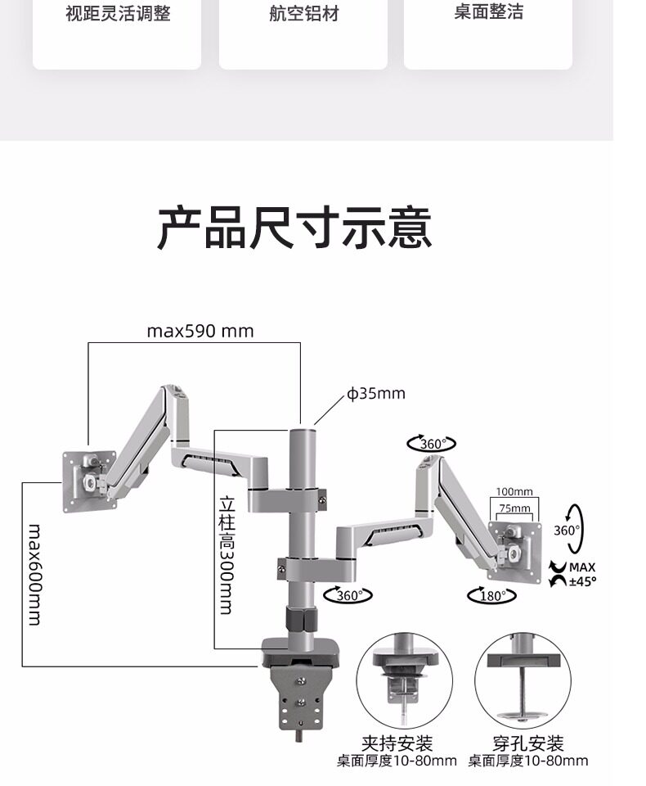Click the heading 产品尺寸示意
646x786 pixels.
[x=294, y=228]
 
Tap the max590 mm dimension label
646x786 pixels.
[x=200, y=331]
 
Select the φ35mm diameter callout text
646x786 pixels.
[x=376, y=394]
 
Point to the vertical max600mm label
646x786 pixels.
[x=34, y=573]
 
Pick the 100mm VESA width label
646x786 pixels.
[x=514, y=491]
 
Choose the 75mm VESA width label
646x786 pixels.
[x=514, y=508]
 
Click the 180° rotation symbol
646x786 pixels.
[x=492, y=595]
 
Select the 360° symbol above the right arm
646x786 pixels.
[x=431, y=444]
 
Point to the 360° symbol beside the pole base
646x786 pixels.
[x=348, y=595]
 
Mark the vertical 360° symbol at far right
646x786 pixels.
[x=568, y=530]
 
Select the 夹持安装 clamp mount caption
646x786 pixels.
[x=397, y=743]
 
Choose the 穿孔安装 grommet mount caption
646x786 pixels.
[x=528, y=743]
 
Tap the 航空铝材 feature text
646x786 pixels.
[x=303, y=14]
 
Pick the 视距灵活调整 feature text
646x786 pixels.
[x=118, y=14]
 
